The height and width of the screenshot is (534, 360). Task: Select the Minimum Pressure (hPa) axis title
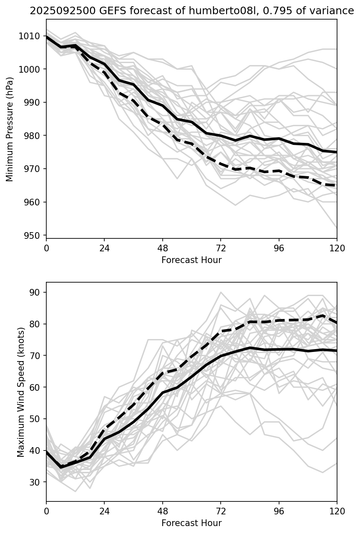(10, 129)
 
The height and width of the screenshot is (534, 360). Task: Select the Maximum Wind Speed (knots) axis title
(21, 392)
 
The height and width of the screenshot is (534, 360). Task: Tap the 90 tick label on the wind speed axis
(36, 292)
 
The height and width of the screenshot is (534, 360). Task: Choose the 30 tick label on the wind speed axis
(36, 482)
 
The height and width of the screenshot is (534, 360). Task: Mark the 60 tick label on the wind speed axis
(36, 387)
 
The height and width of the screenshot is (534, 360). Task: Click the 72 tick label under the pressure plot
(221, 248)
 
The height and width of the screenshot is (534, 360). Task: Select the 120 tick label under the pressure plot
(337, 248)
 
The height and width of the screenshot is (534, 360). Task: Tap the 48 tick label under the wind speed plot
(163, 511)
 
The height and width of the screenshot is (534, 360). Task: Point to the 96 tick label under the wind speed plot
(279, 511)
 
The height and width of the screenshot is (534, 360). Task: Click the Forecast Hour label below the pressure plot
(191, 260)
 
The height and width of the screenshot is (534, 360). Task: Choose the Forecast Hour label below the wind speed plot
(191, 523)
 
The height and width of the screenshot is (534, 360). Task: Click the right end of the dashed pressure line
(336, 185)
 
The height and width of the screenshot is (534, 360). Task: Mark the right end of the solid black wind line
(336, 351)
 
